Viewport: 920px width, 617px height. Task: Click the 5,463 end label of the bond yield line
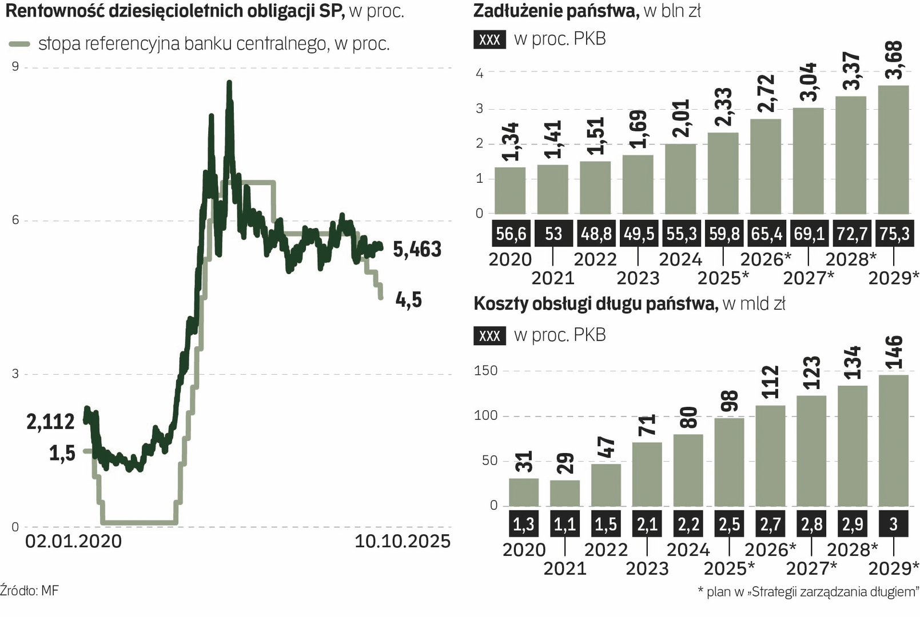pos(417,250)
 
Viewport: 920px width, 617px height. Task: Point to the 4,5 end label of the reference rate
pos(408,300)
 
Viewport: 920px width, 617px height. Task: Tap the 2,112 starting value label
pos(50,422)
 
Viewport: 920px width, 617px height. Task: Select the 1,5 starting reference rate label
pos(62,454)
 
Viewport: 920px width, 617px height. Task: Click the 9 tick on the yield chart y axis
pos(15,67)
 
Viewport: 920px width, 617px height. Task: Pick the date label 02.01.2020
pos(73,541)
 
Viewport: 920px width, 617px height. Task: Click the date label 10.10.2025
pos(403,541)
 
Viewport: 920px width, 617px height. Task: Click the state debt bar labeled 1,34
pos(509,191)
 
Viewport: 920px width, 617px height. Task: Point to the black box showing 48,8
pos(595,234)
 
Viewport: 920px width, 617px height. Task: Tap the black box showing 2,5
pos(729,524)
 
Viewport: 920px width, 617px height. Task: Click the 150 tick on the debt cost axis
pos(485,371)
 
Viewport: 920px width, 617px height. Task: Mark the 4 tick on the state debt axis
pos(479,73)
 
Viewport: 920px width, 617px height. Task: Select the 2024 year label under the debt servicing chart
pos(688,550)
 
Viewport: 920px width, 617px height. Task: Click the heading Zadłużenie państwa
pos(556,11)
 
